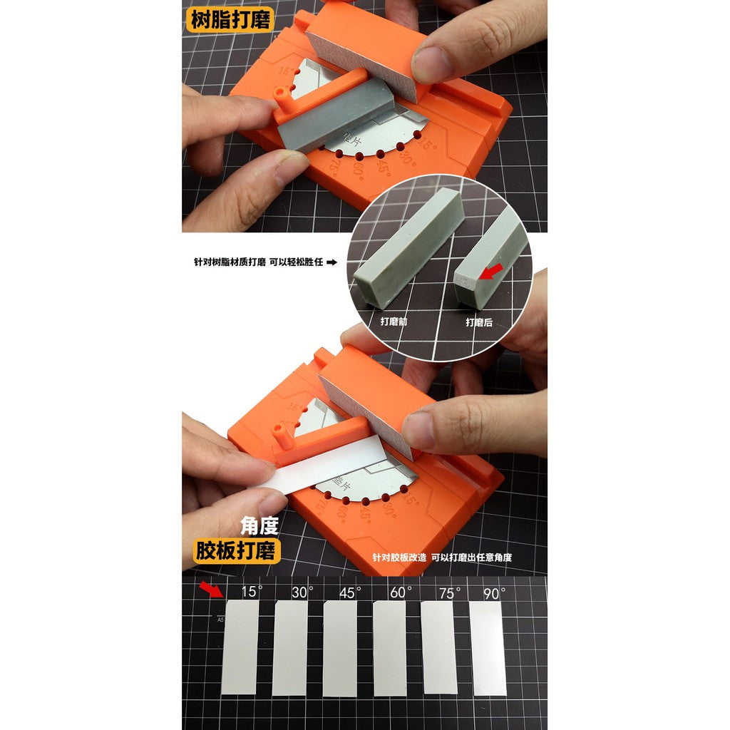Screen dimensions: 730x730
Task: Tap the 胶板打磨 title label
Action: point(238,551)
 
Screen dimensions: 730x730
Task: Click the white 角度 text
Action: point(258,526)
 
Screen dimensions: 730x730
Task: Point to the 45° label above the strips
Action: point(349,592)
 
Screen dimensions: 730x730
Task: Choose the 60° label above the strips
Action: point(401,592)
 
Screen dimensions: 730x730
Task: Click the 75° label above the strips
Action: point(449,592)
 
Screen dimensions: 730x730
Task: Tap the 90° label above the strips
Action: point(493,592)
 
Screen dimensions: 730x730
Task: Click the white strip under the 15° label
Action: point(240,647)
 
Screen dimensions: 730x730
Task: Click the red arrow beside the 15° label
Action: point(210,589)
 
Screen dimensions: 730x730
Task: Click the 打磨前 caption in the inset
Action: point(394,322)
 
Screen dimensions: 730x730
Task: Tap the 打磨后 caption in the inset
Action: point(479,322)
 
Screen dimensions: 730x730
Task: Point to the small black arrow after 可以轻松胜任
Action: point(331,262)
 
